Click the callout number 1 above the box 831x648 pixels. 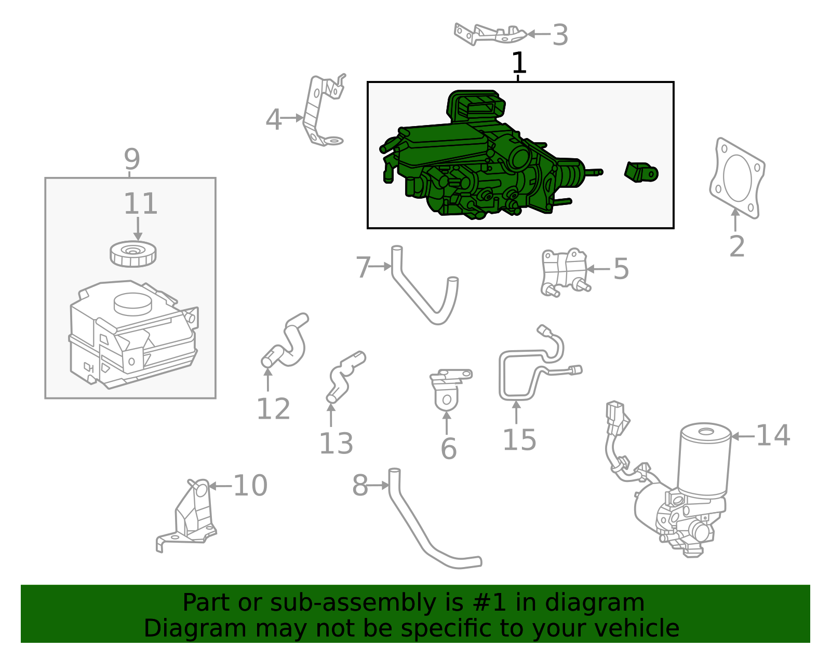click(x=519, y=63)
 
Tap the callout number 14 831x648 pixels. click(x=773, y=435)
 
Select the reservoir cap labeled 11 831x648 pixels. click(x=133, y=254)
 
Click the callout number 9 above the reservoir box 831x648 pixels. click(x=132, y=159)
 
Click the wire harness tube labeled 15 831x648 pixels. click(x=519, y=374)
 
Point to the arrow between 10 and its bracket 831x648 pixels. click(x=219, y=486)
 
